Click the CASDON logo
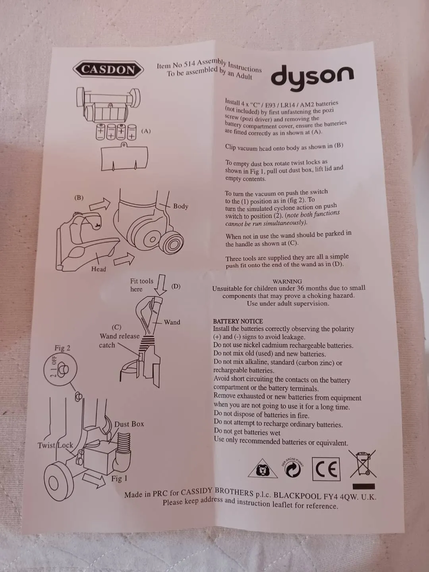pyautogui.click(x=108, y=70)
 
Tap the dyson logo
pyautogui.click(x=312, y=77)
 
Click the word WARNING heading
pyautogui.click(x=287, y=282)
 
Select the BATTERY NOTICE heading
pyautogui.click(x=238, y=321)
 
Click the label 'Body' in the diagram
pyautogui.click(x=181, y=206)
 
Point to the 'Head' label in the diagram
pyautogui.click(x=99, y=269)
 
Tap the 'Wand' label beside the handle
pyautogui.click(x=172, y=322)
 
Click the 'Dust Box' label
pyautogui.click(x=129, y=424)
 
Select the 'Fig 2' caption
pyautogui.click(x=62, y=348)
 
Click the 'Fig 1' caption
pyautogui.click(x=119, y=479)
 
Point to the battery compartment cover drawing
pyautogui.click(x=124, y=157)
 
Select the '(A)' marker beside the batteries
pyautogui.click(x=146, y=131)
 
